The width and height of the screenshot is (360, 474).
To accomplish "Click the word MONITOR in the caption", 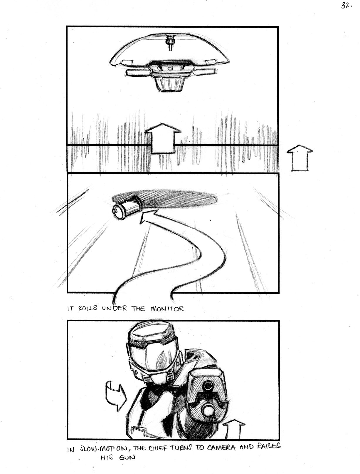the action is click(167, 309).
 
